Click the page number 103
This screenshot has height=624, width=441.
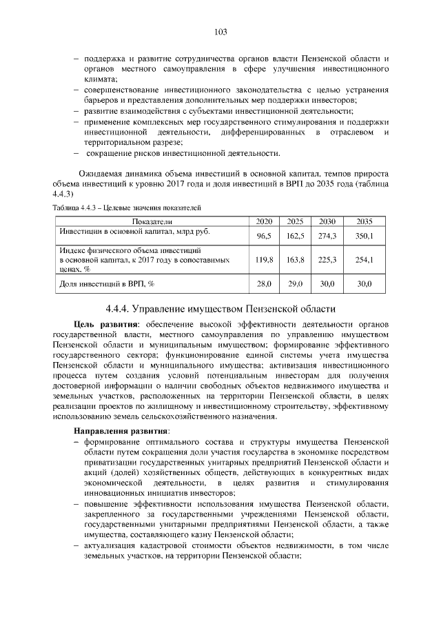[220, 32]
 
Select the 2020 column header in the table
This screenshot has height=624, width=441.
[264, 221]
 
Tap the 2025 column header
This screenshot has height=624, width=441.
[295, 221]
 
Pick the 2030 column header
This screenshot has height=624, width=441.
[327, 221]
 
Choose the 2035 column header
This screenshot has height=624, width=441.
[364, 221]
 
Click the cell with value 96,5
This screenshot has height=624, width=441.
[264, 236]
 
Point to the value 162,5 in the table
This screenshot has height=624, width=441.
[295, 236]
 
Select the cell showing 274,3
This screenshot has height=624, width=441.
[327, 236]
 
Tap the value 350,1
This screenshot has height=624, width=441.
[364, 236]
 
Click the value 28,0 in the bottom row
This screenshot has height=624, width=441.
[264, 283]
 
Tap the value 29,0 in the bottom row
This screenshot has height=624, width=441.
[295, 283]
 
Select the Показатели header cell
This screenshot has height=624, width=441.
[152, 221]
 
